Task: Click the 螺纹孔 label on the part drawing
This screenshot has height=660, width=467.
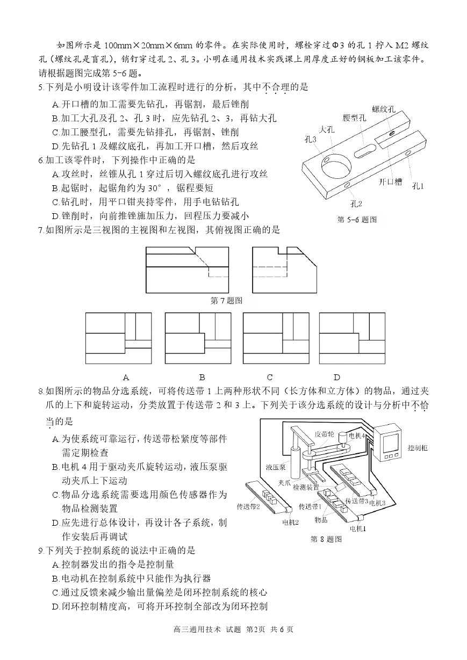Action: pyautogui.click(x=384, y=109)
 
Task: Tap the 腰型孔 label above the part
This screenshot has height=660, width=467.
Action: pyautogui.click(x=354, y=118)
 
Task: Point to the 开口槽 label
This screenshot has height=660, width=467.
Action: pyautogui.click(x=390, y=182)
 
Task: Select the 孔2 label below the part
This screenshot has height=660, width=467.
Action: pyautogui.click(x=356, y=204)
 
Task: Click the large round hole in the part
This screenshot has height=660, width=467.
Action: pyautogui.click(x=336, y=167)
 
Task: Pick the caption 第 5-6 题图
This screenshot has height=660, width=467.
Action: pyautogui.click(x=357, y=220)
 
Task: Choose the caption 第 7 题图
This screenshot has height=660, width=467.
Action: pyautogui.click(x=226, y=301)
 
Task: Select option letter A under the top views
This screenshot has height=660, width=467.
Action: pyautogui.click(x=126, y=377)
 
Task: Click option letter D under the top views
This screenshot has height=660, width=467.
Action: pyautogui.click(x=337, y=377)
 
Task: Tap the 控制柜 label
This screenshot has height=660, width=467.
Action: pyautogui.click(x=418, y=448)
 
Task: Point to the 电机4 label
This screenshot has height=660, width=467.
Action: pyautogui.click(x=357, y=436)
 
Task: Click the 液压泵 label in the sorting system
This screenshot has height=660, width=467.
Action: pyautogui.click(x=275, y=467)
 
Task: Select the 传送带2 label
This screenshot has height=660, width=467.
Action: pyautogui.click(x=248, y=506)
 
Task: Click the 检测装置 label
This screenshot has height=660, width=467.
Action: pyautogui.click(x=306, y=488)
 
